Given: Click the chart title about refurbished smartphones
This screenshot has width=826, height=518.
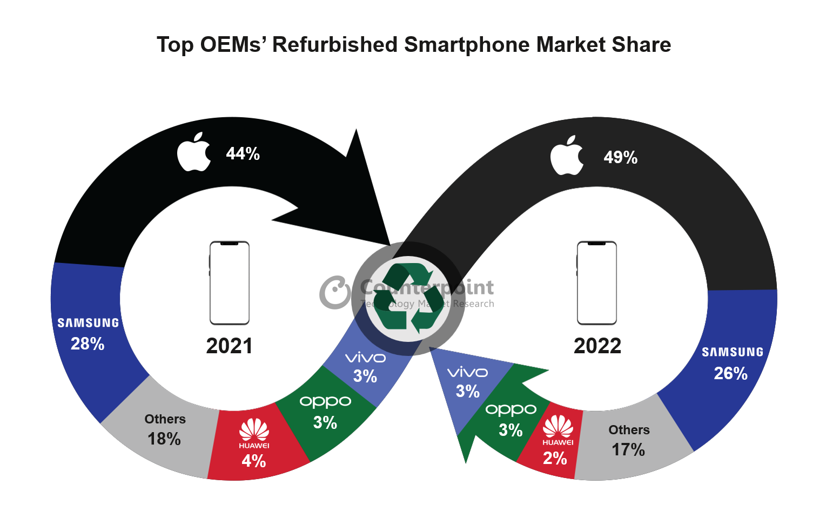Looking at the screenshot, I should coord(413,45).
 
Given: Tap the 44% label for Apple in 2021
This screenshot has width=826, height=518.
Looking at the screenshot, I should coord(243,154).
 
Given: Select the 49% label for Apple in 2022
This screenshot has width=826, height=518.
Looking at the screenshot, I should coord(620,157).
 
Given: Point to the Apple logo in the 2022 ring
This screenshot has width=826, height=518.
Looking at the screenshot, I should coord(567,156).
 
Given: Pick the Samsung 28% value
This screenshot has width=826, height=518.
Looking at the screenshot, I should coord(88,344).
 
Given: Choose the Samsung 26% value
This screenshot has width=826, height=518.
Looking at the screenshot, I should coord(730,373).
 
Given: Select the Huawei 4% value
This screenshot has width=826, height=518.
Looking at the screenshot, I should coord(253,461).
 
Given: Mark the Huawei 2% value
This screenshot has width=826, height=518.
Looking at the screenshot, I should coord(555,458).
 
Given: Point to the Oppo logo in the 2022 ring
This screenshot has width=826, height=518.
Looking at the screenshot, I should coord(511,410).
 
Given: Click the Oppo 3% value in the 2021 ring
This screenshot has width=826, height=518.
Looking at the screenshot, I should coord(325,422).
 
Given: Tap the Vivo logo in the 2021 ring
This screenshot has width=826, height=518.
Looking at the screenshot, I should coord(365,358).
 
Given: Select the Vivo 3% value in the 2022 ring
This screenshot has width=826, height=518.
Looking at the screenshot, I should coord(467,391).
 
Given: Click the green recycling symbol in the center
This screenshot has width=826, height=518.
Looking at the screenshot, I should coord(408,298).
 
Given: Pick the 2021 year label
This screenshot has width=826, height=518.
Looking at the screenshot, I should coord(229,346).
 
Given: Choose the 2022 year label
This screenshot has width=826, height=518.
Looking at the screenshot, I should coord(597,346).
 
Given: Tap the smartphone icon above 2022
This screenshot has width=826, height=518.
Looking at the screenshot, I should coord(596,282).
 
